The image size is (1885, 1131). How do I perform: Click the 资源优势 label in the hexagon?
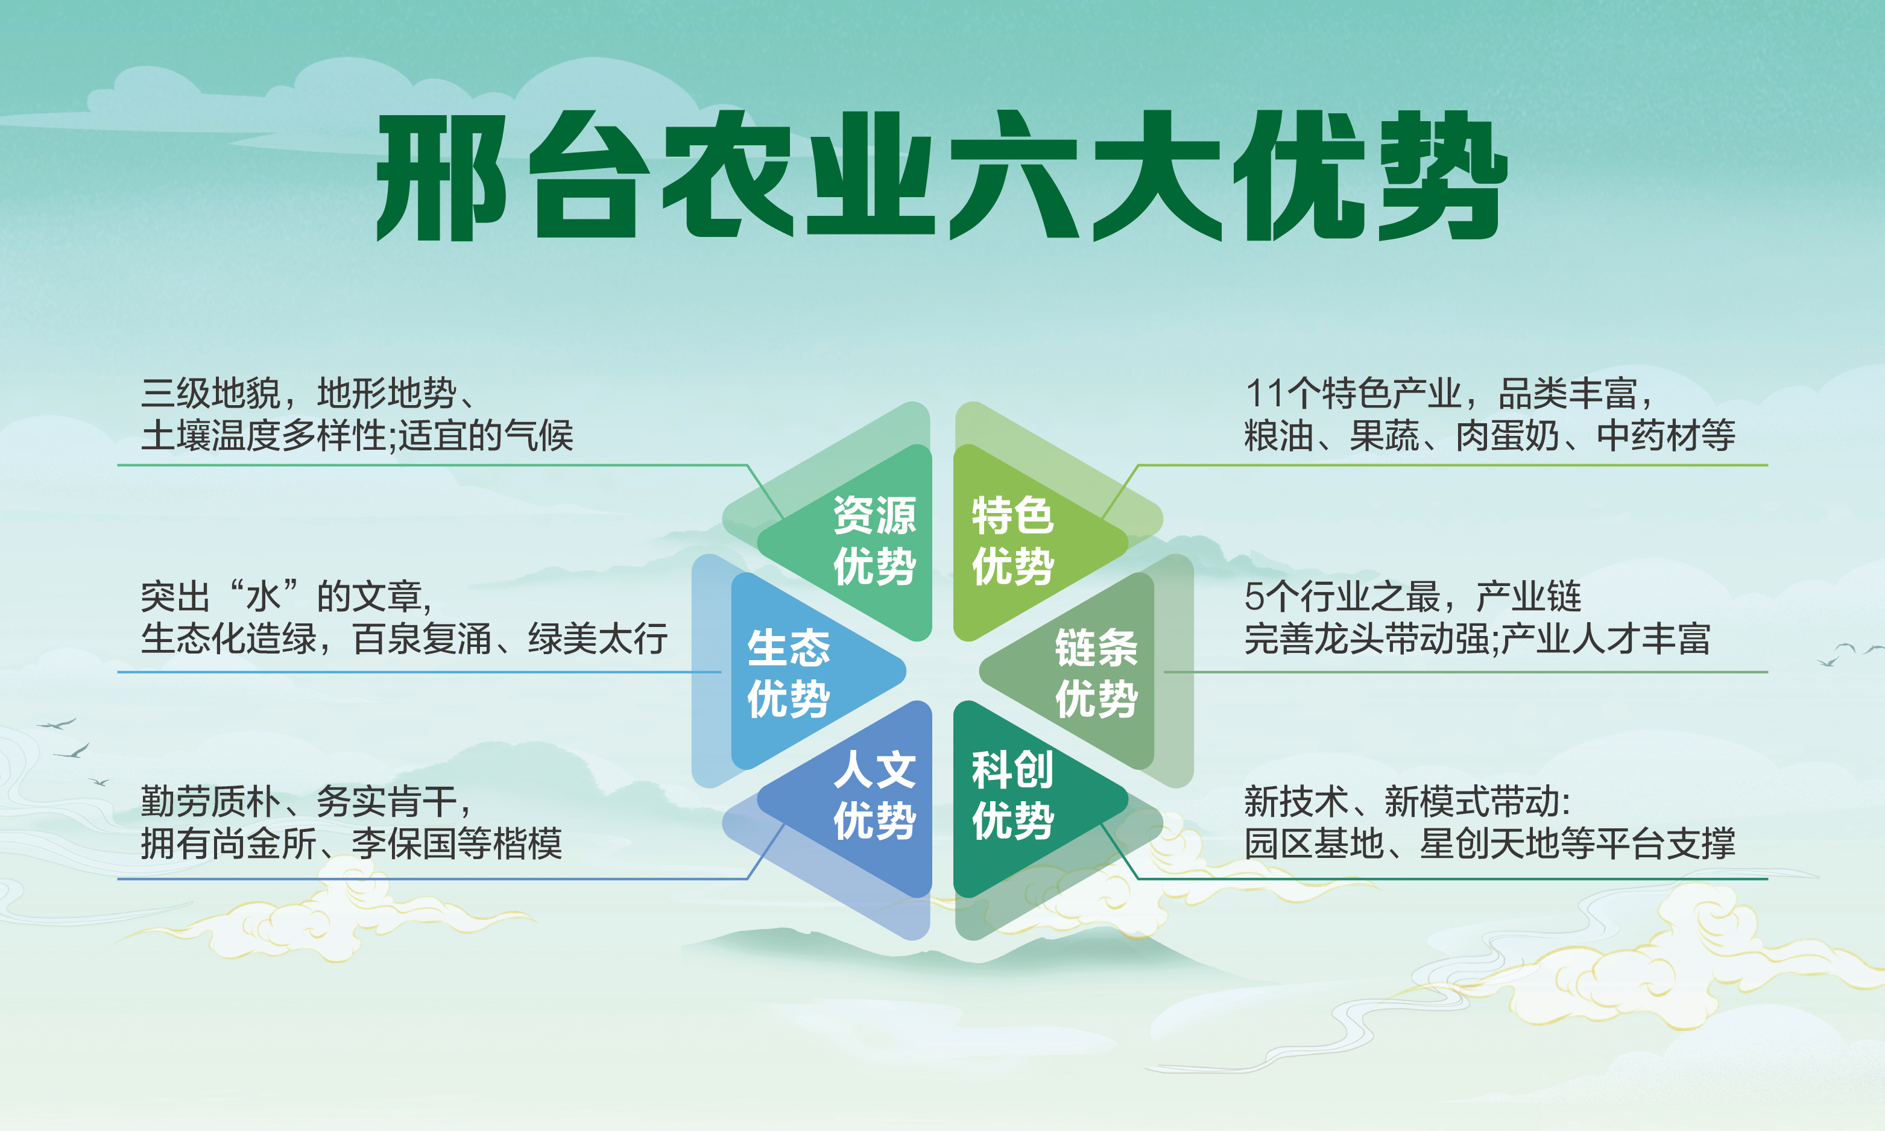pyautogui.click(x=874, y=540)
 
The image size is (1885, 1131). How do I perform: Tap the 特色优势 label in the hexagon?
pyautogui.click(x=1013, y=540)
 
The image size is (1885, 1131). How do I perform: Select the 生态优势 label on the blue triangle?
pyautogui.click(x=788, y=673)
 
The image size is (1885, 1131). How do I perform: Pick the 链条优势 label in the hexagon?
pyautogui.click(x=1096, y=673)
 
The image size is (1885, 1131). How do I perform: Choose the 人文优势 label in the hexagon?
pyautogui.click(x=874, y=795)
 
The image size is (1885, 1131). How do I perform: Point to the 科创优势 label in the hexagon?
pyautogui.click(x=1013, y=795)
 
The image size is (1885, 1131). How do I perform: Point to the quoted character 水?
pyautogui.click(x=263, y=597)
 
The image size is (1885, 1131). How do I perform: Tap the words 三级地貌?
pyautogui.click(x=211, y=394)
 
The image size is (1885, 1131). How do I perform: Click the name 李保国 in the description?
pyautogui.click(x=404, y=843)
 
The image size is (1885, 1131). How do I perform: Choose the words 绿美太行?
pyautogui.click(x=598, y=638)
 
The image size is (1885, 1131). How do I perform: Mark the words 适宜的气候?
pyautogui.click(x=486, y=436)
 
